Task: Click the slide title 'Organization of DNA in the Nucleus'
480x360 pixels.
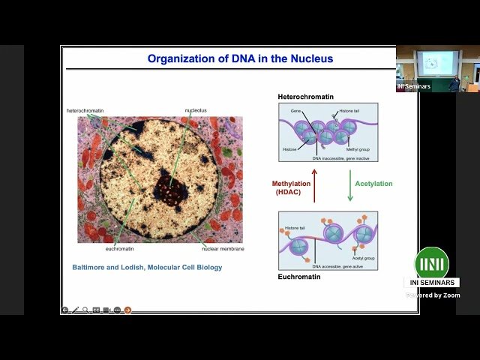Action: (240, 58)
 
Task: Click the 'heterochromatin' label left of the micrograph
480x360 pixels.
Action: (85, 111)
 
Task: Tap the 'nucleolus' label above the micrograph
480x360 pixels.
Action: (196, 111)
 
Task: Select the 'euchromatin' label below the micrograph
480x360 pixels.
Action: (119, 248)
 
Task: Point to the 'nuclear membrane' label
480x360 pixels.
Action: (223, 248)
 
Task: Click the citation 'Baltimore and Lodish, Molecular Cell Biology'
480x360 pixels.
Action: (147, 267)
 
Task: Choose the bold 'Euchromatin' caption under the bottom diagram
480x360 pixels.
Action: (299, 277)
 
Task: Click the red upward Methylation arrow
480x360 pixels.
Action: (314, 186)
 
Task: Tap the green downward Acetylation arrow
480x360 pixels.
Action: (349, 186)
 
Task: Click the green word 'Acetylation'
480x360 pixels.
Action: (373, 184)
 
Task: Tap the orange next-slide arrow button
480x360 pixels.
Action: (127, 310)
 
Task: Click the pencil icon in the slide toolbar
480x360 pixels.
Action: (75, 310)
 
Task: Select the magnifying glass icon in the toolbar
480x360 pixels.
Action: (85, 310)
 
